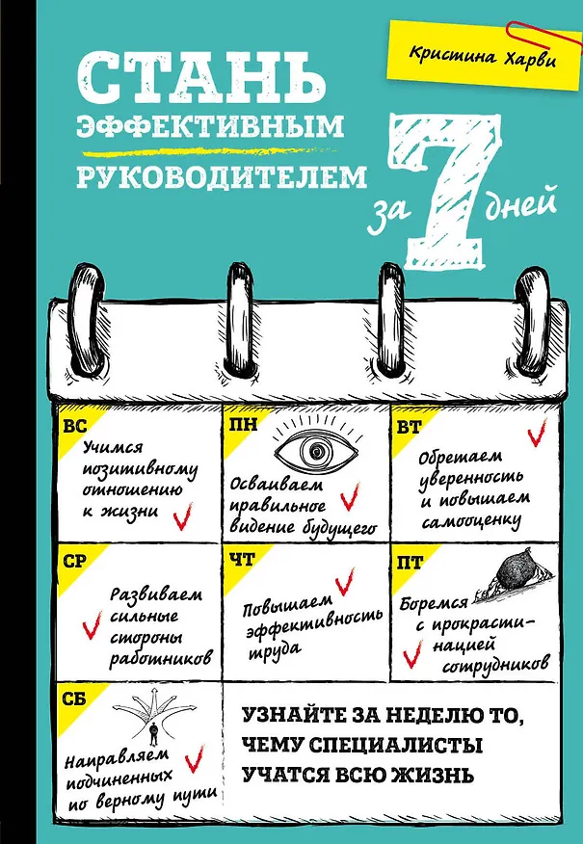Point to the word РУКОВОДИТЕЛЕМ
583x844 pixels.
point(222,176)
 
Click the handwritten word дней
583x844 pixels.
point(519,205)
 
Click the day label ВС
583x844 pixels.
point(75,428)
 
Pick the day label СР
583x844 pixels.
point(75,562)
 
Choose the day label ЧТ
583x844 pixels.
point(242,560)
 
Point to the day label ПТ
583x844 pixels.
point(410,563)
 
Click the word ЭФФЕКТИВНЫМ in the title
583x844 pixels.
point(210,126)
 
